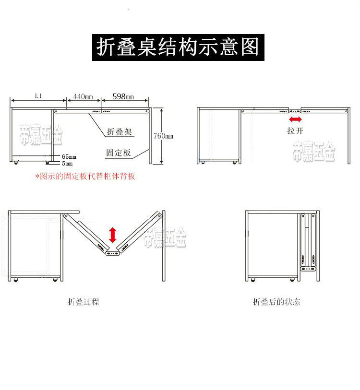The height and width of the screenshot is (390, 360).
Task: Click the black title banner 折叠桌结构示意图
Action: click(178, 47)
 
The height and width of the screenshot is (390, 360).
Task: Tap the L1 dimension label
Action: click(38, 95)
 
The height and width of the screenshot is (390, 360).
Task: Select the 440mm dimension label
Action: click(83, 96)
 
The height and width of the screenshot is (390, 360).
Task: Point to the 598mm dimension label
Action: click(123, 96)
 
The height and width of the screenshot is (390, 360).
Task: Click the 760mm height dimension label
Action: click(163, 136)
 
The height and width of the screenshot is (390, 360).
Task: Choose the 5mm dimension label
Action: click(67, 164)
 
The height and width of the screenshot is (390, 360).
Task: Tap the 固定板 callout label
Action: click(119, 153)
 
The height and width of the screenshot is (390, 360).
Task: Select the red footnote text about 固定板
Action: click(85, 176)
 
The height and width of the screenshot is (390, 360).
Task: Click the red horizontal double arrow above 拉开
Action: click(295, 119)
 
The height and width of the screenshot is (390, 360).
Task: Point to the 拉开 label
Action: click(295, 130)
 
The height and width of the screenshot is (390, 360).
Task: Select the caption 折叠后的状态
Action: click(276, 302)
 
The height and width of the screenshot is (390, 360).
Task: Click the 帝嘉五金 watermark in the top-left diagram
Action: click(41, 135)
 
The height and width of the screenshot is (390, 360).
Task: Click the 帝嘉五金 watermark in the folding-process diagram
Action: click(165, 237)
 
